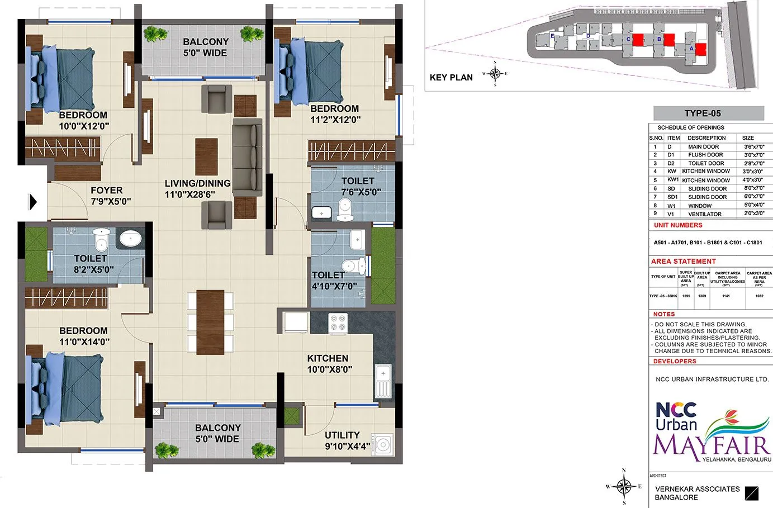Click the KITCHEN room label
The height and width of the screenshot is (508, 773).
328,358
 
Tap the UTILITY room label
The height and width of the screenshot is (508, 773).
342,435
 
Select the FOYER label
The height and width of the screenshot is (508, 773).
106,191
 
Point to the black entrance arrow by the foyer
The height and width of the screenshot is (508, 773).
33,201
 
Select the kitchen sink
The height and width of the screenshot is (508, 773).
383,380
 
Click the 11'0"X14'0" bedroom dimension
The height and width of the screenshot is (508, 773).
84,341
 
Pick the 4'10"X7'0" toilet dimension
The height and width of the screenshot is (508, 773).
334,286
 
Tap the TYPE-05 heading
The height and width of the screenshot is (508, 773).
703,113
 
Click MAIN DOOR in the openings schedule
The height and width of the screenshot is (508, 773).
703,146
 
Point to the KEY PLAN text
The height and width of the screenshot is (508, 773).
451,78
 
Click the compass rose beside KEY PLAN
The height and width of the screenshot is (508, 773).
495,73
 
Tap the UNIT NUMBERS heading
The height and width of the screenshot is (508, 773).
678,225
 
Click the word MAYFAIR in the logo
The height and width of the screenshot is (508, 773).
712,445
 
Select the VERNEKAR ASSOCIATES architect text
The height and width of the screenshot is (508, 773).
697,489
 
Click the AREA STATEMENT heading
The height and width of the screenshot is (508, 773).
683,262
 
